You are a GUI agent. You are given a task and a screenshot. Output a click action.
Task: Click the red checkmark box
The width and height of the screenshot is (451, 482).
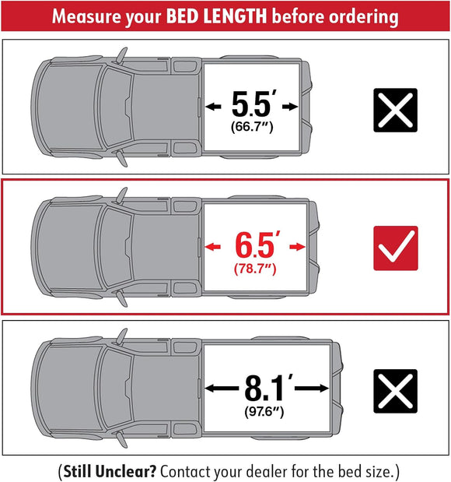[x=396, y=248]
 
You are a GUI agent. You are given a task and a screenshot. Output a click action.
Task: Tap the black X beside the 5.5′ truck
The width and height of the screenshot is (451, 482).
[x=396, y=109]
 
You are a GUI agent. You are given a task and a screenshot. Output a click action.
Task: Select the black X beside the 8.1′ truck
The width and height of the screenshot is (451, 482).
[x=396, y=391]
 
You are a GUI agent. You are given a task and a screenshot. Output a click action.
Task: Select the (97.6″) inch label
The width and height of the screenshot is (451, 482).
[x=265, y=410]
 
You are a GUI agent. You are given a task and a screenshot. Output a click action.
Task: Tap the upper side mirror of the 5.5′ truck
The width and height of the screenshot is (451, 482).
[x=122, y=55]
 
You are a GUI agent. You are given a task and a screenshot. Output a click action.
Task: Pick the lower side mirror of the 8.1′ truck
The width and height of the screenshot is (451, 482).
[x=122, y=438]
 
